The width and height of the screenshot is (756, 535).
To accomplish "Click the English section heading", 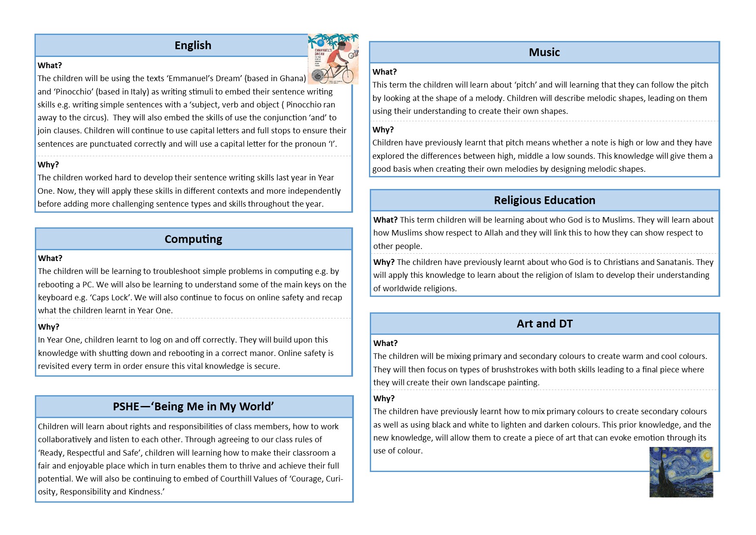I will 193,45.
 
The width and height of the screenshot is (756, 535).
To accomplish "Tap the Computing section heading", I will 193,239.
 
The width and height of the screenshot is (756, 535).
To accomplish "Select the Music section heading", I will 544,52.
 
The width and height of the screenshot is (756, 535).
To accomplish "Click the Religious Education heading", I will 544,200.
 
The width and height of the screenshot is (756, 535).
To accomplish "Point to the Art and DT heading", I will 544,324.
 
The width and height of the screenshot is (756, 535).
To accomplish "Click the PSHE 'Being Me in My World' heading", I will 194,406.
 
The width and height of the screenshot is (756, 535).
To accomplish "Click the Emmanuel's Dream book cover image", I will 333,59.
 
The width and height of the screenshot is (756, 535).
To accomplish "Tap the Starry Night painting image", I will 681,472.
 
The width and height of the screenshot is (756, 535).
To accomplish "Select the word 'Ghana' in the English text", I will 292,79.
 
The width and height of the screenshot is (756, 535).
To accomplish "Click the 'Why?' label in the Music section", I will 383,130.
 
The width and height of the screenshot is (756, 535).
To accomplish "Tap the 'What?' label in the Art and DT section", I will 385,343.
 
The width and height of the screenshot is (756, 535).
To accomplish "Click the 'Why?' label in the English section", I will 48,165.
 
